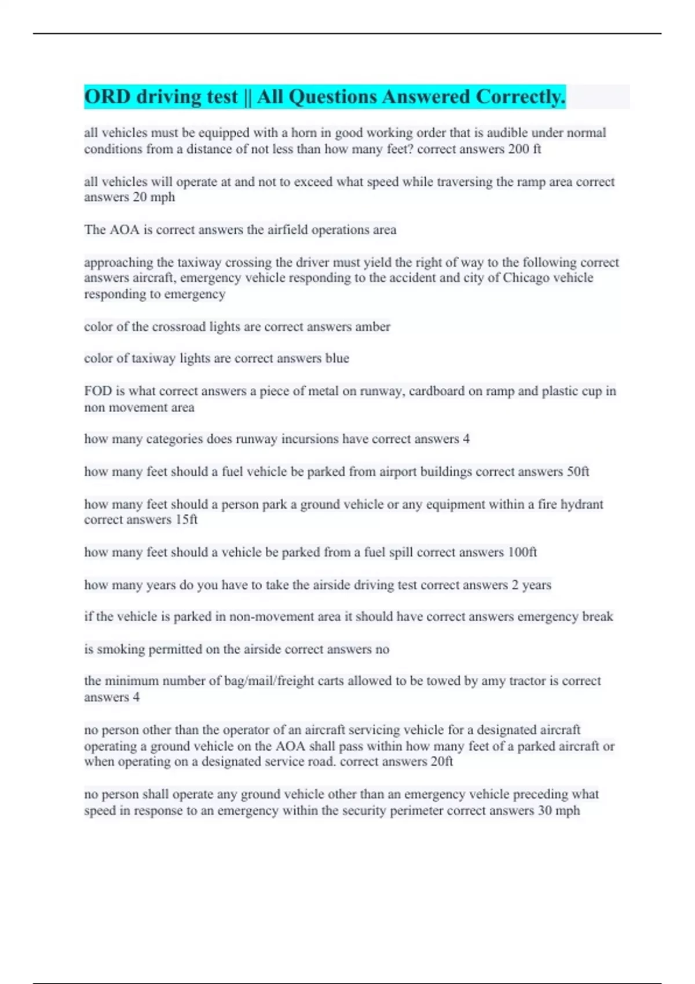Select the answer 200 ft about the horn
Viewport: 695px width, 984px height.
[x=525, y=149]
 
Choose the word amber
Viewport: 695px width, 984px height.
[x=372, y=326]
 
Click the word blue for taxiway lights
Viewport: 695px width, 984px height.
[x=337, y=358]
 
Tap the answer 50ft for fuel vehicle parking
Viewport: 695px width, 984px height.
[x=577, y=472]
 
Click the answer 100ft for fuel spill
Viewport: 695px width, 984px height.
[x=522, y=552]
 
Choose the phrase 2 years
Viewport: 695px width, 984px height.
[x=531, y=585]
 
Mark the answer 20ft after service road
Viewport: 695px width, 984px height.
[x=442, y=762]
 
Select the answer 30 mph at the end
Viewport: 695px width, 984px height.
[x=558, y=810]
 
